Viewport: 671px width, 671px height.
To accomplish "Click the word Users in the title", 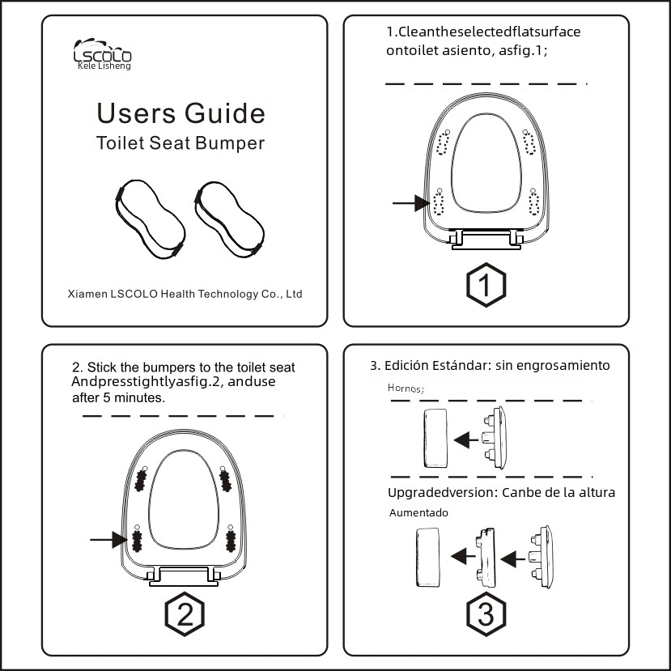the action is point(131,113).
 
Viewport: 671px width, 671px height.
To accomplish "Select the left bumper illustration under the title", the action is point(147,214).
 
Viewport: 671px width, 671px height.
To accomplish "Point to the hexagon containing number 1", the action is point(486,285).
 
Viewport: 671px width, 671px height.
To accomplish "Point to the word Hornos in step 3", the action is point(406,389).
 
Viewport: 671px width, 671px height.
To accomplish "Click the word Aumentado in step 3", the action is point(418,512).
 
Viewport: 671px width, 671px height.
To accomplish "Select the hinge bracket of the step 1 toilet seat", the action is point(485,240).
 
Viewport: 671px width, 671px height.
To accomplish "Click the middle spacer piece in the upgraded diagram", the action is point(485,557).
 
